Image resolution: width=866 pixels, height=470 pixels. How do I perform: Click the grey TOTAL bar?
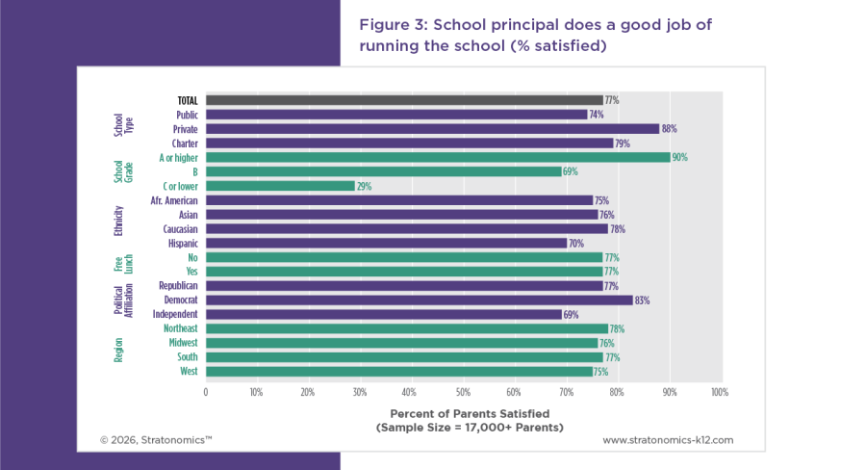click(x=404, y=100)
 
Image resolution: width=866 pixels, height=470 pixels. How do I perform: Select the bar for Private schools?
click(x=432, y=129)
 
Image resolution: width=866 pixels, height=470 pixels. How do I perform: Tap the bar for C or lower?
click(x=280, y=186)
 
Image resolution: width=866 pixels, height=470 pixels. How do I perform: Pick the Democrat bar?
click(x=420, y=300)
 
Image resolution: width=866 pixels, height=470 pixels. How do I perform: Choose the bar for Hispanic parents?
click(x=386, y=244)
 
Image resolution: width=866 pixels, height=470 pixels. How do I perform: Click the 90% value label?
click(x=680, y=158)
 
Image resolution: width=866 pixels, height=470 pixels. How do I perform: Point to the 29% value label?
click(x=364, y=186)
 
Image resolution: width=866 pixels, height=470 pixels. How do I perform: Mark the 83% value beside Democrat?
click(x=642, y=300)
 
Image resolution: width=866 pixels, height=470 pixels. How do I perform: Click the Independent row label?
click(x=175, y=314)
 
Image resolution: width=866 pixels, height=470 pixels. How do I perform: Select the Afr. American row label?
click(x=174, y=200)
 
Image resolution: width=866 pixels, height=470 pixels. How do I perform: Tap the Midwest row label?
click(x=183, y=343)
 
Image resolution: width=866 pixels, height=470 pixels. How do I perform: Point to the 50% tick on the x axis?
click(x=463, y=392)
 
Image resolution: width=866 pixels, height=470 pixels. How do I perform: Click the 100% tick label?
click(x=720, y=392)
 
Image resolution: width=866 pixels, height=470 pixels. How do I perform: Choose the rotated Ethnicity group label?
click(x=118, y=222)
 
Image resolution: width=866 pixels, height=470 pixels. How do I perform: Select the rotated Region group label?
click(x=118, y=350)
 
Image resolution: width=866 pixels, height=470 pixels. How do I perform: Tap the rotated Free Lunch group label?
click(x=124, y=264)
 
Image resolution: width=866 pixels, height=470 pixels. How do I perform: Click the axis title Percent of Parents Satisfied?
click(x=470, y=413)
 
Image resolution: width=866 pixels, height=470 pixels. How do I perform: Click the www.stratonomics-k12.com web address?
click(x=668, y=440)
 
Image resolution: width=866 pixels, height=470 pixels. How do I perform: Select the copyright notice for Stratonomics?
click(x=156, y=440)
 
